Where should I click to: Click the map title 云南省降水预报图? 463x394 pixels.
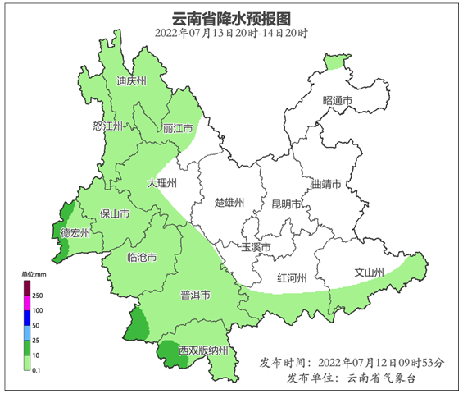click(x=231, y=18)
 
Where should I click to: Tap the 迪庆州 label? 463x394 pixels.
click(x=130, y=82)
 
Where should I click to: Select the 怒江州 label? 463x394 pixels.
click(x=108, y=126)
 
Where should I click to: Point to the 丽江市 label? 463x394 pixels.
click(x=178, y=129)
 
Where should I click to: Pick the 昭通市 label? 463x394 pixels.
click(x=338, y=100)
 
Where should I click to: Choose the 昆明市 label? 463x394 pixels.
click(x=287, y=204)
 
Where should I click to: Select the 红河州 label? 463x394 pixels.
click(x=293, y=277)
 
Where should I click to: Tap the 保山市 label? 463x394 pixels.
click(x=115, y=214)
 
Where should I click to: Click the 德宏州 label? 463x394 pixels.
click(x=75, y=233)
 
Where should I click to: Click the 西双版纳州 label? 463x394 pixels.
click(x=205, y=351)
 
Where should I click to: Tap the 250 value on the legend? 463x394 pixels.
click(x=38, y=294)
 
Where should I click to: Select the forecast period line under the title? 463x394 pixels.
click(x=231, y=34)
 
